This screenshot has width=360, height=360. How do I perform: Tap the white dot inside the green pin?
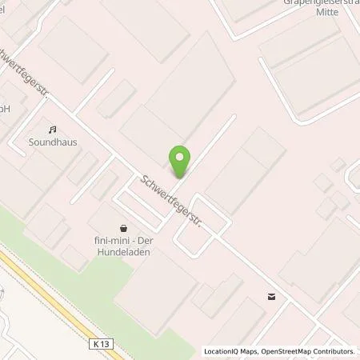[x=180, y=157]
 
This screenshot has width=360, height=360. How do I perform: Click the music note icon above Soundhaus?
[x=53, y=129]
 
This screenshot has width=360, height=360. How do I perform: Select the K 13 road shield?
[x=97, y=343]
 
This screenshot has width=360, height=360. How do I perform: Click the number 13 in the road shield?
[x=100, y=343]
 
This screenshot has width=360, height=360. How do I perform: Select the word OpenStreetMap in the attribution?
[x=284, y=351]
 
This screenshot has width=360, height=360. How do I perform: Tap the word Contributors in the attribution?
[x=333, y=351]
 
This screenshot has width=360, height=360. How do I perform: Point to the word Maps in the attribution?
[x=251, y=351]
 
